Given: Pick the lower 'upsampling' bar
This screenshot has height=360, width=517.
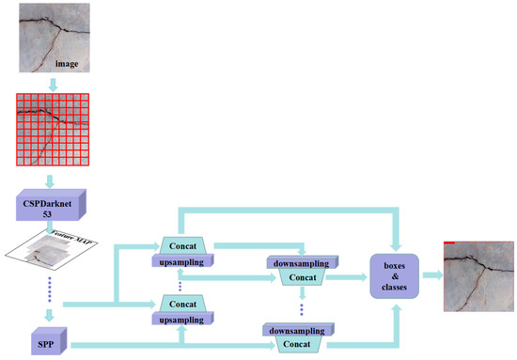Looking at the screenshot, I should pyautogui.click(x=183, y=320).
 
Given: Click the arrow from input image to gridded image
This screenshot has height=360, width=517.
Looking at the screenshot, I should pyautogui.click(x=54, y=85).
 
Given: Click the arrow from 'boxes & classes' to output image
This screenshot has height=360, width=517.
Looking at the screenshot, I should pyautogui.click(x=432, y=274).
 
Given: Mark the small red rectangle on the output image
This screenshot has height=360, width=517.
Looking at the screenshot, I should pyautogui.click(x=450, y=243).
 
